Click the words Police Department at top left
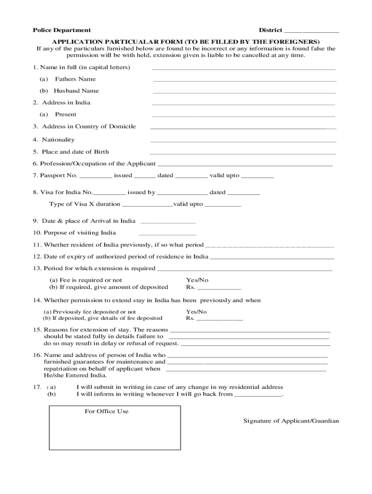(x=61, y=30)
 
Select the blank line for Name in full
(x=244, y=69)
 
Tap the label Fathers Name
(x=75, y=79)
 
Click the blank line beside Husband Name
(x=244, y=92)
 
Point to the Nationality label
(x=58, y=140)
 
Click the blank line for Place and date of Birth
(x=243, y=153)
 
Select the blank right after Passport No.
(x=95, y=177)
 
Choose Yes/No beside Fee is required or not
(x=197, y=280)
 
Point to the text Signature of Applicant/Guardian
(x=291, y=421)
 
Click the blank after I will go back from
(x=258, y=395)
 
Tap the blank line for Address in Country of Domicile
(x=243, y=128)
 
